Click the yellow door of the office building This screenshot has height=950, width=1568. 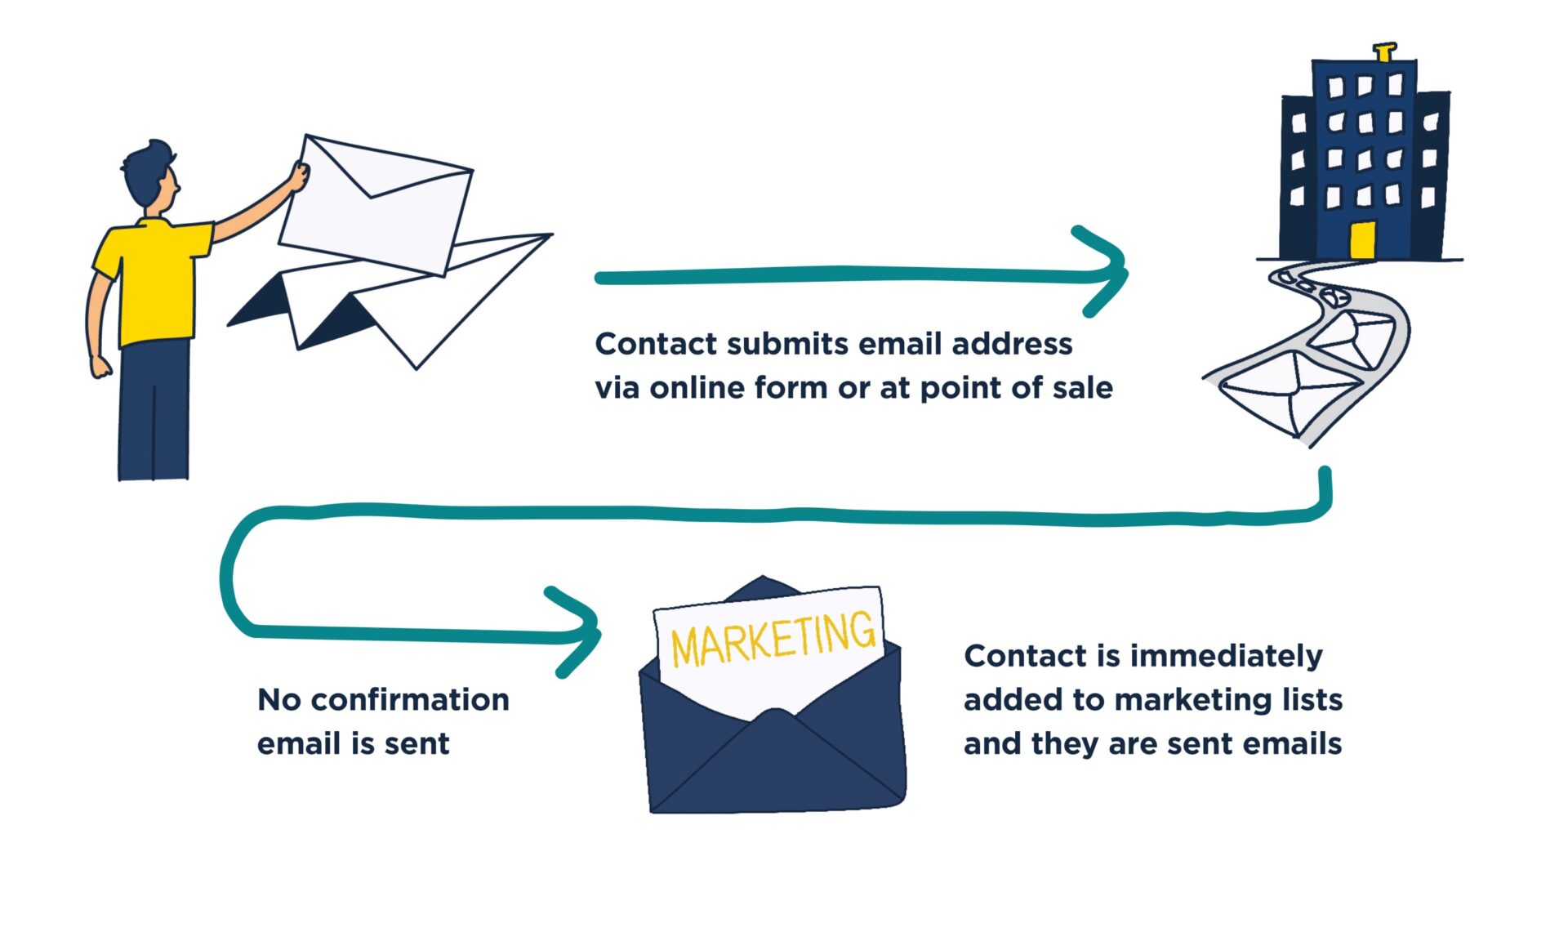coord(1362,240)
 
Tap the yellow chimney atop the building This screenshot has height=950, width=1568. coord(1383,53)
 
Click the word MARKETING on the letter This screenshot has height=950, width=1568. coord(773,640)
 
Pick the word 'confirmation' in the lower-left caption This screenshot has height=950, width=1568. coord(410,700)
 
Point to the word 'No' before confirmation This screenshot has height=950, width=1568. coord(279,700)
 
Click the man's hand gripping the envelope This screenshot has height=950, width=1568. coord(299,176)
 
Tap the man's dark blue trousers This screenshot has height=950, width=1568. coord(154,408)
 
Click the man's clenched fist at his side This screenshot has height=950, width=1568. coord(100,367)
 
